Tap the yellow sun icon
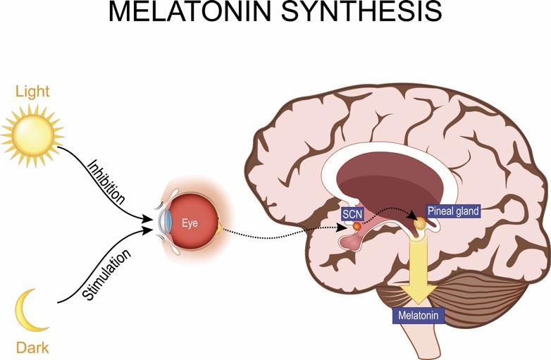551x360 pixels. (x=32, y=132)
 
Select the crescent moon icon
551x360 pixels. (x=29, y=312)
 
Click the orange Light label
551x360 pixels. (x=32, y=92)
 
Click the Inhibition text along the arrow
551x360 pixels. (x=106, y=182)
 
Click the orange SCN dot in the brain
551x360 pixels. (x=357, y=226)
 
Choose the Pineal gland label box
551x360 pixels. (x=453, y=211)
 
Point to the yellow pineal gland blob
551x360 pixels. (x=420, y=223)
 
